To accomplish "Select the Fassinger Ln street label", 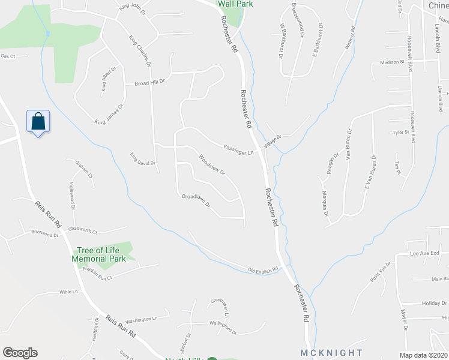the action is (239, 149).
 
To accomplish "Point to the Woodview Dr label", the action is (211, 165).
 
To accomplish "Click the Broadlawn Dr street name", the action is (196, 200).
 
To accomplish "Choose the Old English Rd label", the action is (265, 270).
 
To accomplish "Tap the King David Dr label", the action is (143, 159).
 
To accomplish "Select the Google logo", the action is (20, 353).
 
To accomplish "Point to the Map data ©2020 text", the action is (424, 355).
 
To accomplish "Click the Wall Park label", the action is (235, 4).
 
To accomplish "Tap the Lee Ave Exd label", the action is (424, 254).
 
